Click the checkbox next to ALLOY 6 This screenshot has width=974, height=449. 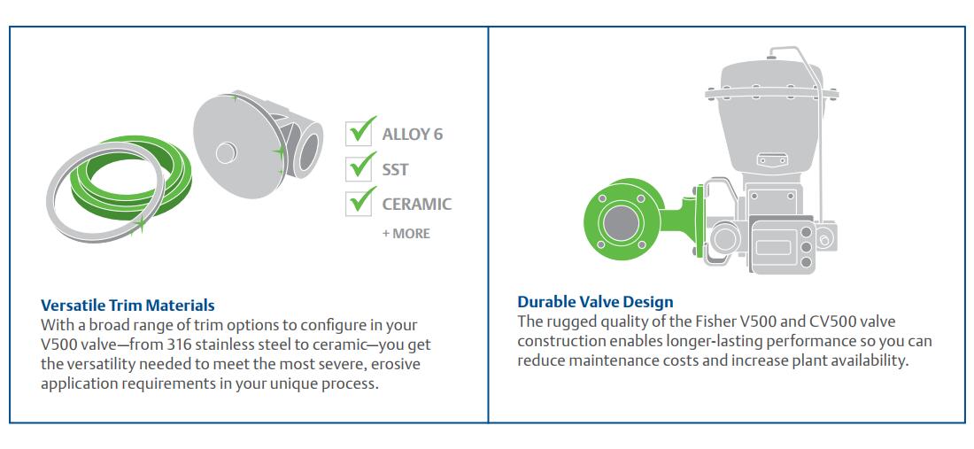click(358, 133)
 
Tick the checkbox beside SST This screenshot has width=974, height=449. click(358, 168)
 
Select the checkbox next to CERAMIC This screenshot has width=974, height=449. click(358, 204)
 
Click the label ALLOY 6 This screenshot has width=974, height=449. click(413, 134)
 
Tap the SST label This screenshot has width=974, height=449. click(395, 169)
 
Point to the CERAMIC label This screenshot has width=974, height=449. click(417, 205)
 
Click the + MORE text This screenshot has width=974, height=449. click(406, 234)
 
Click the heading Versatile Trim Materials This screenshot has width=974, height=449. click(128, 305)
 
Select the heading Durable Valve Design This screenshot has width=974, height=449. click(595, 302)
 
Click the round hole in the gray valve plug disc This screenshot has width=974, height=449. click(226, 153)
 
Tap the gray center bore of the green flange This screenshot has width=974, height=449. click(622, 221)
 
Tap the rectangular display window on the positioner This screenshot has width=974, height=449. click(772, 248)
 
